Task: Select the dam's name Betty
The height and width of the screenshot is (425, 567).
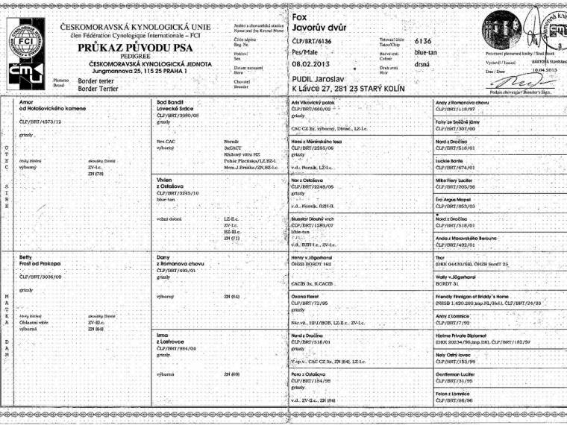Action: [26, 256]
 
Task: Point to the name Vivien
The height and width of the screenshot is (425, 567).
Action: [165, 180]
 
